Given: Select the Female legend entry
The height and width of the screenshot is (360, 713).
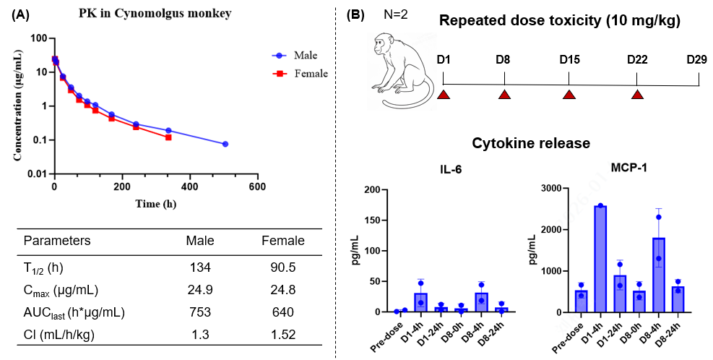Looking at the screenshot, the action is (x=299, y=73).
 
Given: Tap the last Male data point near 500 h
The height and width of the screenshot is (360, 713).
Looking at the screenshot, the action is (x=225, y=144).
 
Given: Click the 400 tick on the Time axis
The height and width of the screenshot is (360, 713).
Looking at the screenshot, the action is (x=189, y=187).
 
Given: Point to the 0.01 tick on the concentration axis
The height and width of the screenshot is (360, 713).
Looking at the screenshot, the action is (x=40, y=174).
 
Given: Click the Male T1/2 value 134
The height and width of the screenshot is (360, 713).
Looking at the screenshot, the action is (x=200, y=267).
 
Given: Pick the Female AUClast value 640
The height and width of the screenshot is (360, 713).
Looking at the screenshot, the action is (x=283, y=312).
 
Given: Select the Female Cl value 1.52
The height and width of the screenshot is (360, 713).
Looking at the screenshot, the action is (x=283, y=335).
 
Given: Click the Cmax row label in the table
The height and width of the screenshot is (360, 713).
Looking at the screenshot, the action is (x=61, y=290).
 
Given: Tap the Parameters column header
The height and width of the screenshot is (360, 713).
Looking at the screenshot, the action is (x=57, y=240).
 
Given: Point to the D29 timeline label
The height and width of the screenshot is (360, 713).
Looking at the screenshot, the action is (x=696, y=59).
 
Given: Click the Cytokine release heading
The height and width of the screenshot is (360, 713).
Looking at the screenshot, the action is (x=531, y=143).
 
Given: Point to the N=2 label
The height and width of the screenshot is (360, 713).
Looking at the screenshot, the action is (x=396, y=14).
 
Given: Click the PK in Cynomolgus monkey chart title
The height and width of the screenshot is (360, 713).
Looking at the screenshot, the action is (x=155, y=13).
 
